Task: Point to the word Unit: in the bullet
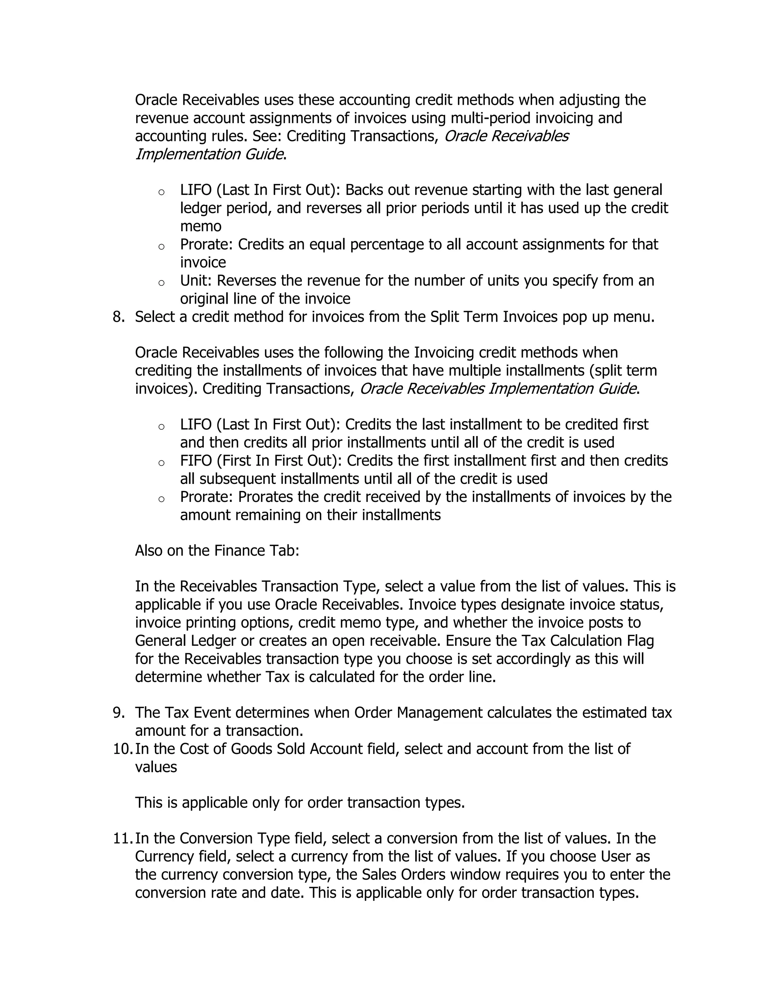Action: click(x=196, y=281)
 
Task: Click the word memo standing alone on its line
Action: click(x=200, y=226)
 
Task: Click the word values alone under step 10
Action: click(x=156, y=767)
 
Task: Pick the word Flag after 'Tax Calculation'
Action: click(x=640, y=641)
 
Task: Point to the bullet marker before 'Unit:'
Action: click(x=161, y=283)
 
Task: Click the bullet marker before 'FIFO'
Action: click(x=161, y=463)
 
